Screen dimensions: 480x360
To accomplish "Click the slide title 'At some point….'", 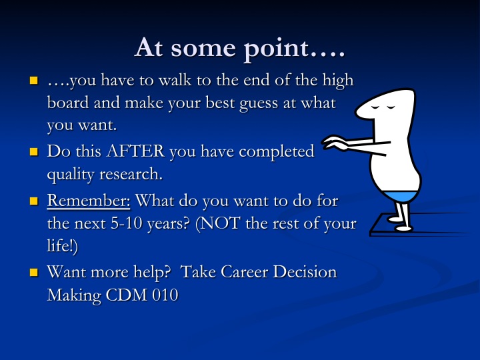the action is point(240,48).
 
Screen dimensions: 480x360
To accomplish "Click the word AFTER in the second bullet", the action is point(135,151).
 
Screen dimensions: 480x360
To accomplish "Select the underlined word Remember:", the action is point(89,201).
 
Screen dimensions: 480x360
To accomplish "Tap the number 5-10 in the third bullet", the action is point(127,223).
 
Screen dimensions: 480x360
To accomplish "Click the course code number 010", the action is point(165,295).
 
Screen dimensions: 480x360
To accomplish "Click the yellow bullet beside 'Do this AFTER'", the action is point(34,152).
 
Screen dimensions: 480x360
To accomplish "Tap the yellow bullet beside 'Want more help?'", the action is point(34,273).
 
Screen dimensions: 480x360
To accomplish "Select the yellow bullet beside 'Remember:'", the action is point(34,201).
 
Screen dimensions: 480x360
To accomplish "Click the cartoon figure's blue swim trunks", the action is point(401,196).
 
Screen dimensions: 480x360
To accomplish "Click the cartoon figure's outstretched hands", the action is point(334,143).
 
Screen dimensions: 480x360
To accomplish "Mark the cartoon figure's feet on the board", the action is point(400,224).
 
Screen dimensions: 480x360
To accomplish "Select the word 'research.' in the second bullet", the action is point(131,175).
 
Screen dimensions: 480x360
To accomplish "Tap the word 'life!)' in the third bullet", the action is point(63,245).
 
